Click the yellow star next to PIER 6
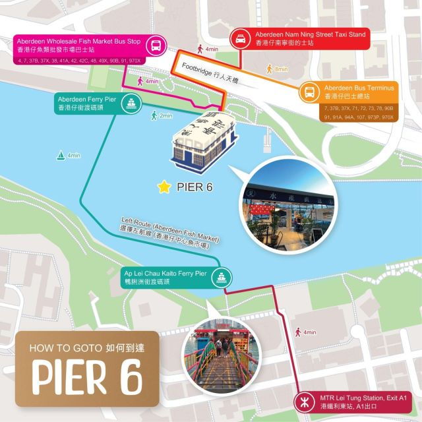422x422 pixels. (x=164, y=187)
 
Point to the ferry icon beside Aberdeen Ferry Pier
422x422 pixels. (x=132, y=104)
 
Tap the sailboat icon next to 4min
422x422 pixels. (x=62, y=156)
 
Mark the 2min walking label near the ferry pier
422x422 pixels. (x=162, y=115)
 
